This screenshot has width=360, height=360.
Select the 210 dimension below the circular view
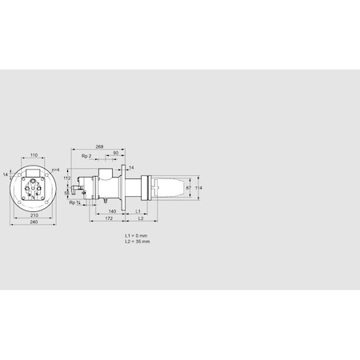[33, 215]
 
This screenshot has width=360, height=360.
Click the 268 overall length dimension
[99, 146]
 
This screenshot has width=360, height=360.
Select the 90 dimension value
[116, 153]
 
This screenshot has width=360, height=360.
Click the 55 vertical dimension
[67, 194]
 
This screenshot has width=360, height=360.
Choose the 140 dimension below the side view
[112, 210]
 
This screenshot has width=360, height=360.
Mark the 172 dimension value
[108, 218]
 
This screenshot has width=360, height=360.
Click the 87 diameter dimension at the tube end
[188, 188]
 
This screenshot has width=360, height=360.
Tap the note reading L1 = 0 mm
[137, 235]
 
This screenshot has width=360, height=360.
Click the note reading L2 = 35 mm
[138, 241]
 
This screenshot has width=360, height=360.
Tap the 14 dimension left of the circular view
[6, 173]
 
